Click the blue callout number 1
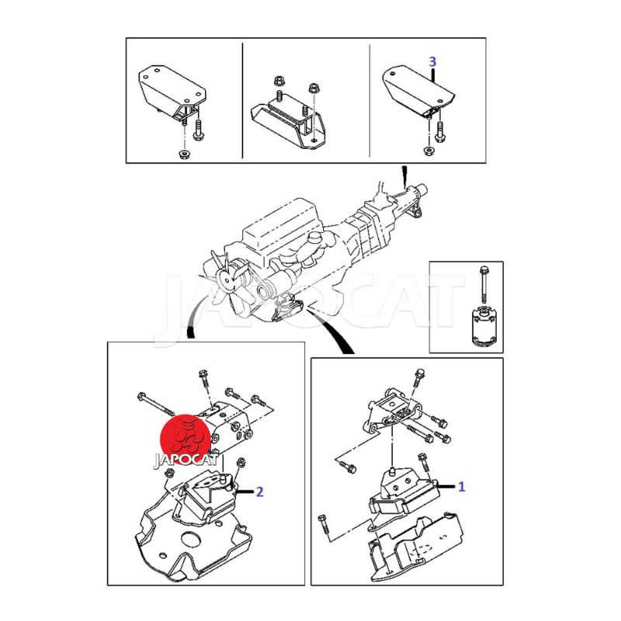[x=461, y=487]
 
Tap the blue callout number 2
[x=260, y=492]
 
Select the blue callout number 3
[x=432, y=62]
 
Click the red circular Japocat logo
[x=185, y=439]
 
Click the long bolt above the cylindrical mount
[x=483, y=284]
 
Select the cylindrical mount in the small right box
[x=483, y=325]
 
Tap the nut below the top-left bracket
[x=183, y=154]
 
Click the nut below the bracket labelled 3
[x=428, y=151]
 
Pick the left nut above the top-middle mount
[x=279, y=82]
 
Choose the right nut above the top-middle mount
[x=314, y=87]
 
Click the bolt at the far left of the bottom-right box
[x=323, y=526]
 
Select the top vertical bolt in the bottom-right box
[x=418, y=378]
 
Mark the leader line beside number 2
[x=245, y=491]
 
